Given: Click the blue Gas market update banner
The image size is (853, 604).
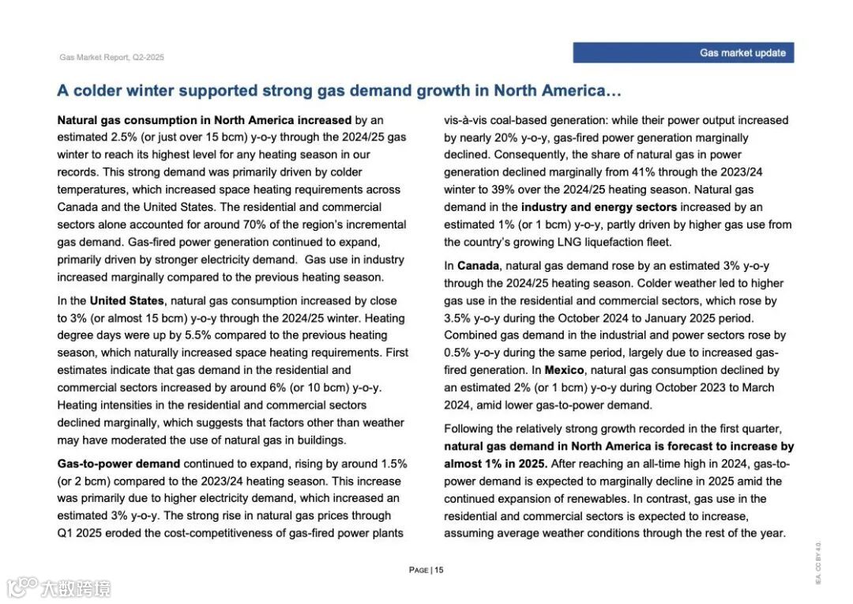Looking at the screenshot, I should [x=683, y=53].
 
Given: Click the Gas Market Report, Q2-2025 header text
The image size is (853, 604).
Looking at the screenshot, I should [x=111, y=58].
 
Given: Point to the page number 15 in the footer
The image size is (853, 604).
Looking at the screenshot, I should [x=438, y=570].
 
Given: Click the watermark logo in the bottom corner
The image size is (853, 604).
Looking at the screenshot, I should [x=59, y=587].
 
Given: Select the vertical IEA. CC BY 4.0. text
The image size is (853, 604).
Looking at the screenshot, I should [x=818, y=562].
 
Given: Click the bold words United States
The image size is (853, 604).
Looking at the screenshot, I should [x=126, y=300].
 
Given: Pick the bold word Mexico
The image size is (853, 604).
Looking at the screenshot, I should [x=565, y=370].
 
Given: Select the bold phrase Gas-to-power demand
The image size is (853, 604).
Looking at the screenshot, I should [x=118, y=463].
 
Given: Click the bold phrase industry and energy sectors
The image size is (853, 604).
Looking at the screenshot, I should [x=599, y=207].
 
